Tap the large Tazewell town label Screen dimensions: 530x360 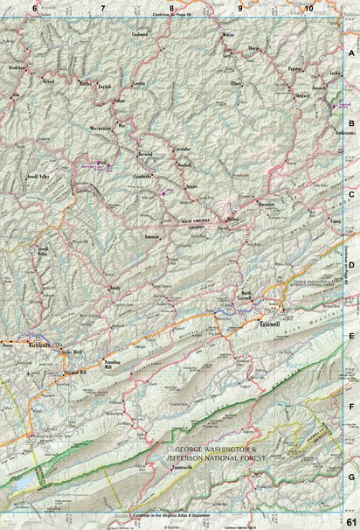click(x=268, y=324)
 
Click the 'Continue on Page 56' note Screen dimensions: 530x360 click(x=171, y=16)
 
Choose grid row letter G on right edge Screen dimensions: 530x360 click(x=351, y=477)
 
